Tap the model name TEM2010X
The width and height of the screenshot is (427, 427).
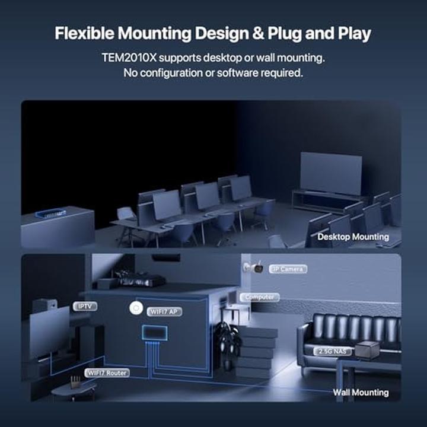point(129,58)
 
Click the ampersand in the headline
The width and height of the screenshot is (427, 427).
point(258,33)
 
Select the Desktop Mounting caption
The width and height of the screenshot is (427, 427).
point(353,237)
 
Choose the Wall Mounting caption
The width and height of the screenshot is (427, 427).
point(361,393)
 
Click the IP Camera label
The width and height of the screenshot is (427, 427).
point(288,269)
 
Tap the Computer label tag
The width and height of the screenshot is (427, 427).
point(260,297)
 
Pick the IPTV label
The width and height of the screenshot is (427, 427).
point(85,307)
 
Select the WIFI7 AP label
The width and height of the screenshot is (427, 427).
point(164,311)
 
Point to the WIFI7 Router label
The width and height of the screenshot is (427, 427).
point(107,373)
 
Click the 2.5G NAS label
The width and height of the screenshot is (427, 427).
point(332,352)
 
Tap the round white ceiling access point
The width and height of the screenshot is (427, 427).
point(136,308)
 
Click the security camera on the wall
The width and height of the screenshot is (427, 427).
point(254,267)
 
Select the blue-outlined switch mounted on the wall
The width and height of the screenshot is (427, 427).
point(154,333)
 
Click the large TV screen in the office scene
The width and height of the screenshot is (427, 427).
point(331,173)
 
